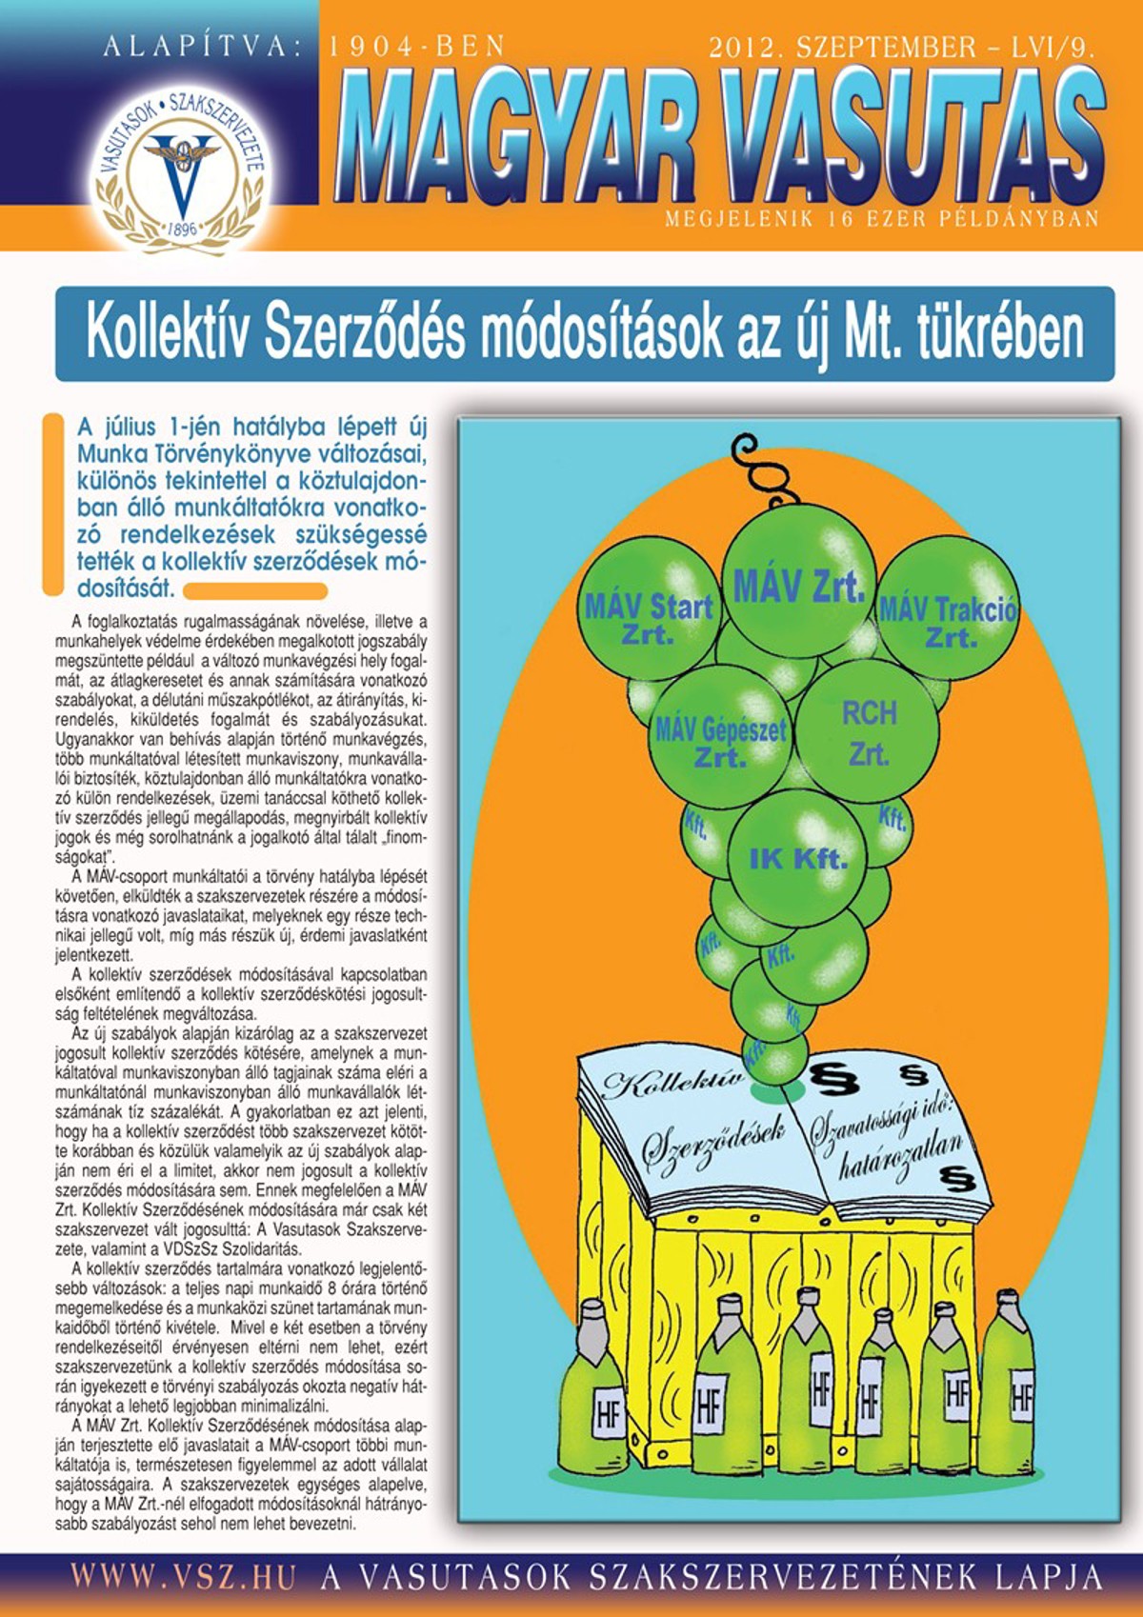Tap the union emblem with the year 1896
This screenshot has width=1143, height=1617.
(x=181, y=175)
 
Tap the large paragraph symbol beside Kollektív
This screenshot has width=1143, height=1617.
(x=833, y=1078)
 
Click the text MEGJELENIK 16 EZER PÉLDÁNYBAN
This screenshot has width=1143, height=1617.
(x=881, y=219)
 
